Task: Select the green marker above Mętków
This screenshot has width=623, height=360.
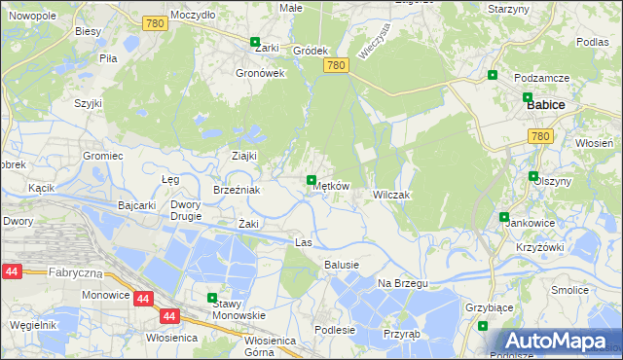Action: coord(311,180)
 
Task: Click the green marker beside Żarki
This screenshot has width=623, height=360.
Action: coord(255,43)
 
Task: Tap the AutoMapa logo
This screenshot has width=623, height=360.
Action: coord(555,341)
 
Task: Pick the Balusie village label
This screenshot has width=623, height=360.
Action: coord(342,265)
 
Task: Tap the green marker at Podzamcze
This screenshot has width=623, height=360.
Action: coord(493,75)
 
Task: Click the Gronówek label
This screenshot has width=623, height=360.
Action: coord(260,73)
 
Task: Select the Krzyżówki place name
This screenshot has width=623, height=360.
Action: coord(540,247)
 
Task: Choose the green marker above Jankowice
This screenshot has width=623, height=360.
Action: coord(504,217)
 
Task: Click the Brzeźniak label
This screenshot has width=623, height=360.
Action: coord(237,191)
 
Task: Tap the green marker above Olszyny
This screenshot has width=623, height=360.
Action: coord(533,176)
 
